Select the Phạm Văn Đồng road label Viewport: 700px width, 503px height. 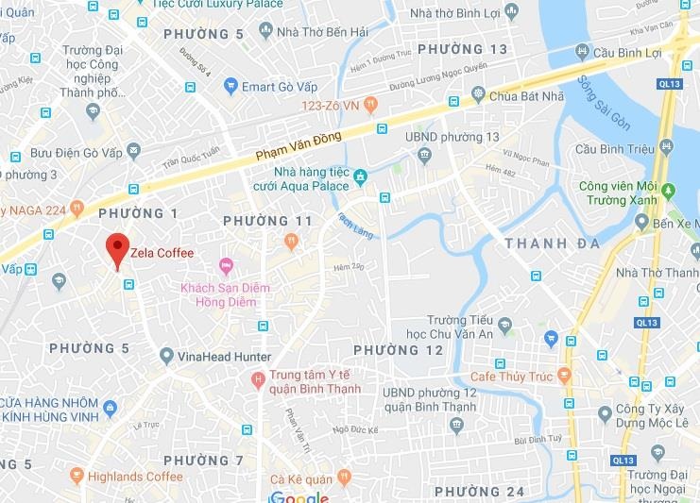coord(297,148)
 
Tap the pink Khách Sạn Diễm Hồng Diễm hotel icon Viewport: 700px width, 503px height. coord(225,263)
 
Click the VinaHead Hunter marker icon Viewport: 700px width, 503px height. coord(166,357)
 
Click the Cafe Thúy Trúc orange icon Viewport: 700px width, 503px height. coord(564,376)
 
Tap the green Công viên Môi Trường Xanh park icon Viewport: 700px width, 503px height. coord(670,190)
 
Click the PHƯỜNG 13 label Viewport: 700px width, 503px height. coord(462,49)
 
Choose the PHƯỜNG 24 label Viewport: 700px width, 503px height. coord(478,492)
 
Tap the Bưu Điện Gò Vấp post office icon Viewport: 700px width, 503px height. coord(133,151)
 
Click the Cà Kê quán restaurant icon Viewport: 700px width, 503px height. coord(344,477)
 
